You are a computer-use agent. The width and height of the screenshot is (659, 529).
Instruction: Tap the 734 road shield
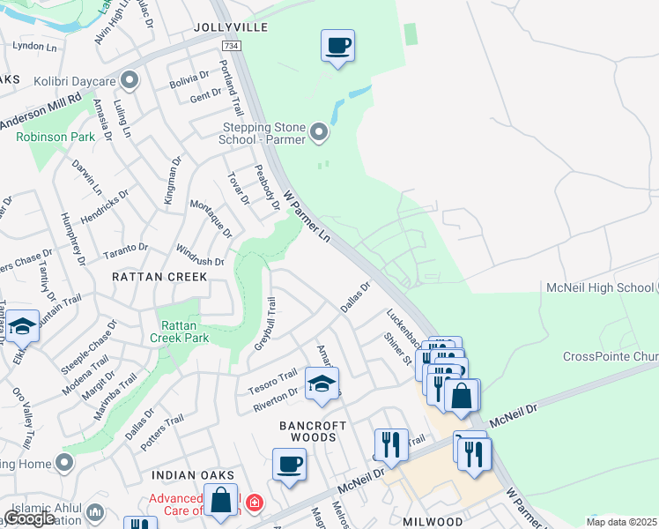[231, 46]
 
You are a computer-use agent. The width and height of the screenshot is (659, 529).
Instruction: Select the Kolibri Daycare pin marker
[130, 82]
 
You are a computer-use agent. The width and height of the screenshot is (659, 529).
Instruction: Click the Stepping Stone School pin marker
[319, 134]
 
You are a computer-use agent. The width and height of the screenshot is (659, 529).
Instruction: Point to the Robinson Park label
[56, 138]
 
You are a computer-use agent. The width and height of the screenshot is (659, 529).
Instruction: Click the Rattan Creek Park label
[179, 330]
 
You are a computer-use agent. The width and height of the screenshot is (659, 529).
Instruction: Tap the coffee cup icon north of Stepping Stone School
[337, 45]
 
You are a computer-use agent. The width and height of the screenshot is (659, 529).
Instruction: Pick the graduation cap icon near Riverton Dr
[321, 384]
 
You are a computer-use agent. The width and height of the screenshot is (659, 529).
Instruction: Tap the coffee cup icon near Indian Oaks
[288, 464]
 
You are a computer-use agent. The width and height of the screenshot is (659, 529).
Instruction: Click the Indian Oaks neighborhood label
[183, 475]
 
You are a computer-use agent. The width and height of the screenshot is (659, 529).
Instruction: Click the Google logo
[30, 518]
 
